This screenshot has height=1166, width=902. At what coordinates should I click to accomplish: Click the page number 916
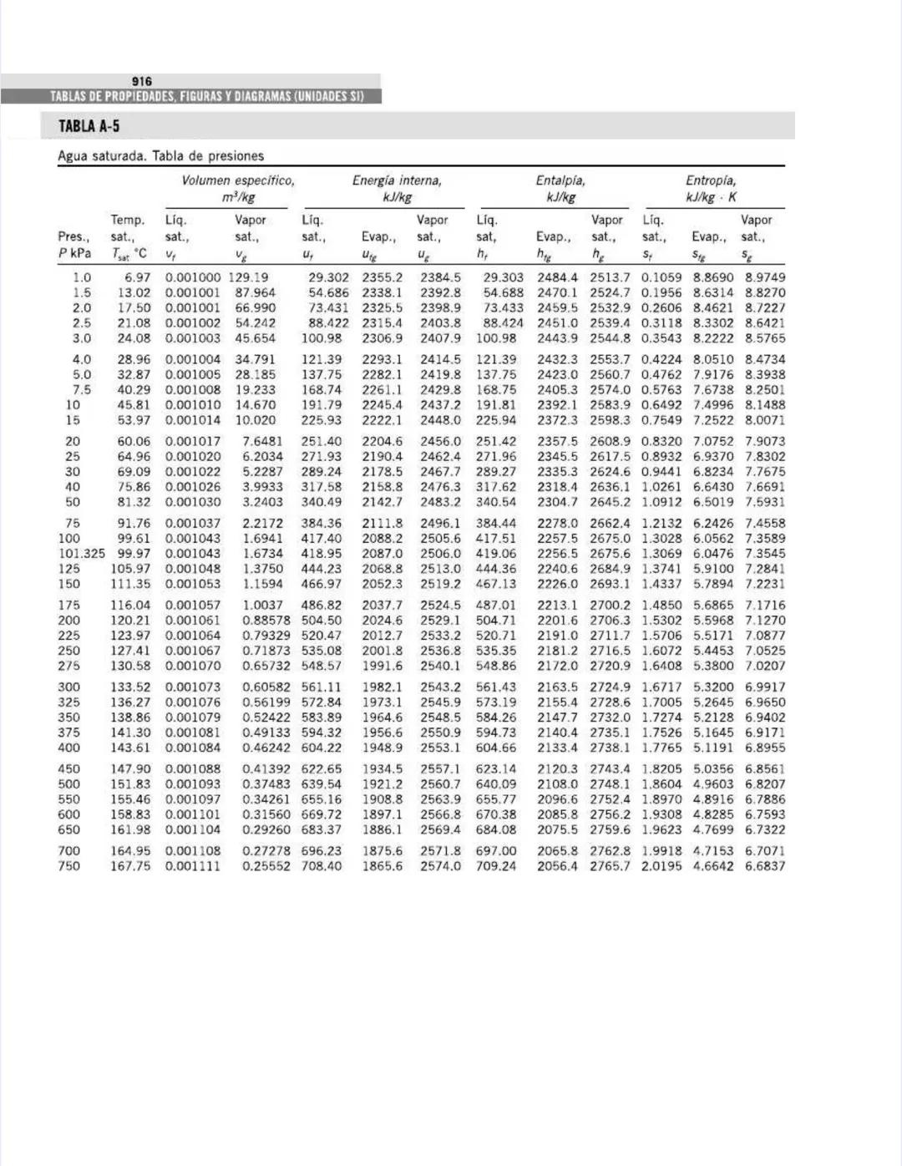pyautogui.click(x=142, y=81)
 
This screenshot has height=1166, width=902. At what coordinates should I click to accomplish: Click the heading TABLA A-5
pyautogui.click(x=89, y=126)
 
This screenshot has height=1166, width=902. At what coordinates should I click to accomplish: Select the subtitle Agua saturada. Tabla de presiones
pyautogui.click(x=160, y=156)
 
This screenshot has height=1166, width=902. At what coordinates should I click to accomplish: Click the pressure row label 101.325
pyautogui.click(x=82, y=554)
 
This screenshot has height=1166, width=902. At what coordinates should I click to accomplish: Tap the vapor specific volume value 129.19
pyautogui.click(x=248, y=277)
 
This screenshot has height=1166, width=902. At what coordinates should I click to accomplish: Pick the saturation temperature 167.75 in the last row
pyautogui.click(x=130, y=866)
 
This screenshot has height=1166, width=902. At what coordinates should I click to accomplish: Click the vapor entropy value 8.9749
pyautogui.click(x=765, y=277)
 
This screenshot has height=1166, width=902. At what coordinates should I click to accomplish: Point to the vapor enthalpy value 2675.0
pyautogui.click(x=610, y=539)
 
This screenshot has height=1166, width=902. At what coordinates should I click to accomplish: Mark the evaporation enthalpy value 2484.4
pyautogui.click(x=557, y=277)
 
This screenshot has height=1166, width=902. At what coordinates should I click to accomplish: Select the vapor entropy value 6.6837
pyautogui.click(x=765, y=866)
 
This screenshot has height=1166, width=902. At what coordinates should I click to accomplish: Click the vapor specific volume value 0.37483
pyautogui.click(x=266, y=784)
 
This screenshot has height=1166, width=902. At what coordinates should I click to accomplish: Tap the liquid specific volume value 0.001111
pyautogui.click(x=193, y=866)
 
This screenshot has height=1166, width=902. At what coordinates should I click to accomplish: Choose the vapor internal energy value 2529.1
pyautogui.click(x=440, y=621)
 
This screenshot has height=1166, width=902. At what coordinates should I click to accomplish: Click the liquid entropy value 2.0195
pyautogui.click(x=661, y=866)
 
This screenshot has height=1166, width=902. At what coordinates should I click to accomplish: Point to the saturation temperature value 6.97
pyautogui.click(x=138, y=277)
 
